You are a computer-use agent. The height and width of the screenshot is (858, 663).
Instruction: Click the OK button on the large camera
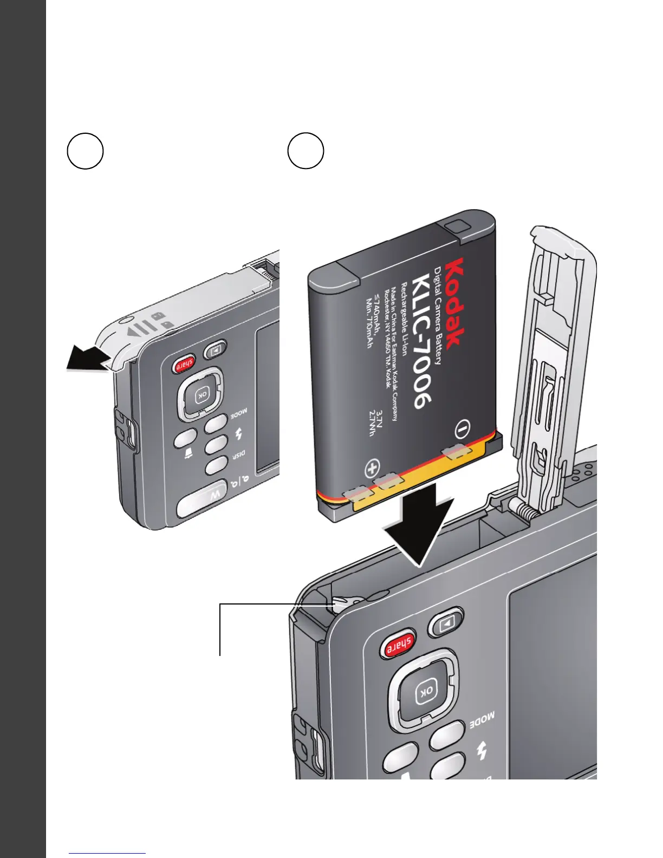pos(425,691)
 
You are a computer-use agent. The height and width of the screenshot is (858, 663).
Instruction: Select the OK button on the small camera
pos(201,394)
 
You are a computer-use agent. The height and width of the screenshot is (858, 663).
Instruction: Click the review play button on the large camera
pos(446,625)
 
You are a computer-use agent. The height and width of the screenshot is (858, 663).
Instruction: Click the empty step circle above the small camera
pos(85,151)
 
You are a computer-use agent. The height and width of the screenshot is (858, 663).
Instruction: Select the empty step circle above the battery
pos(305,151)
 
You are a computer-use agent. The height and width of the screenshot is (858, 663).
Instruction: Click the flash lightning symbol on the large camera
pos(481,751)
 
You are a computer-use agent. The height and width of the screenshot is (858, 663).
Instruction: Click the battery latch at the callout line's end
pos(342,602)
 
